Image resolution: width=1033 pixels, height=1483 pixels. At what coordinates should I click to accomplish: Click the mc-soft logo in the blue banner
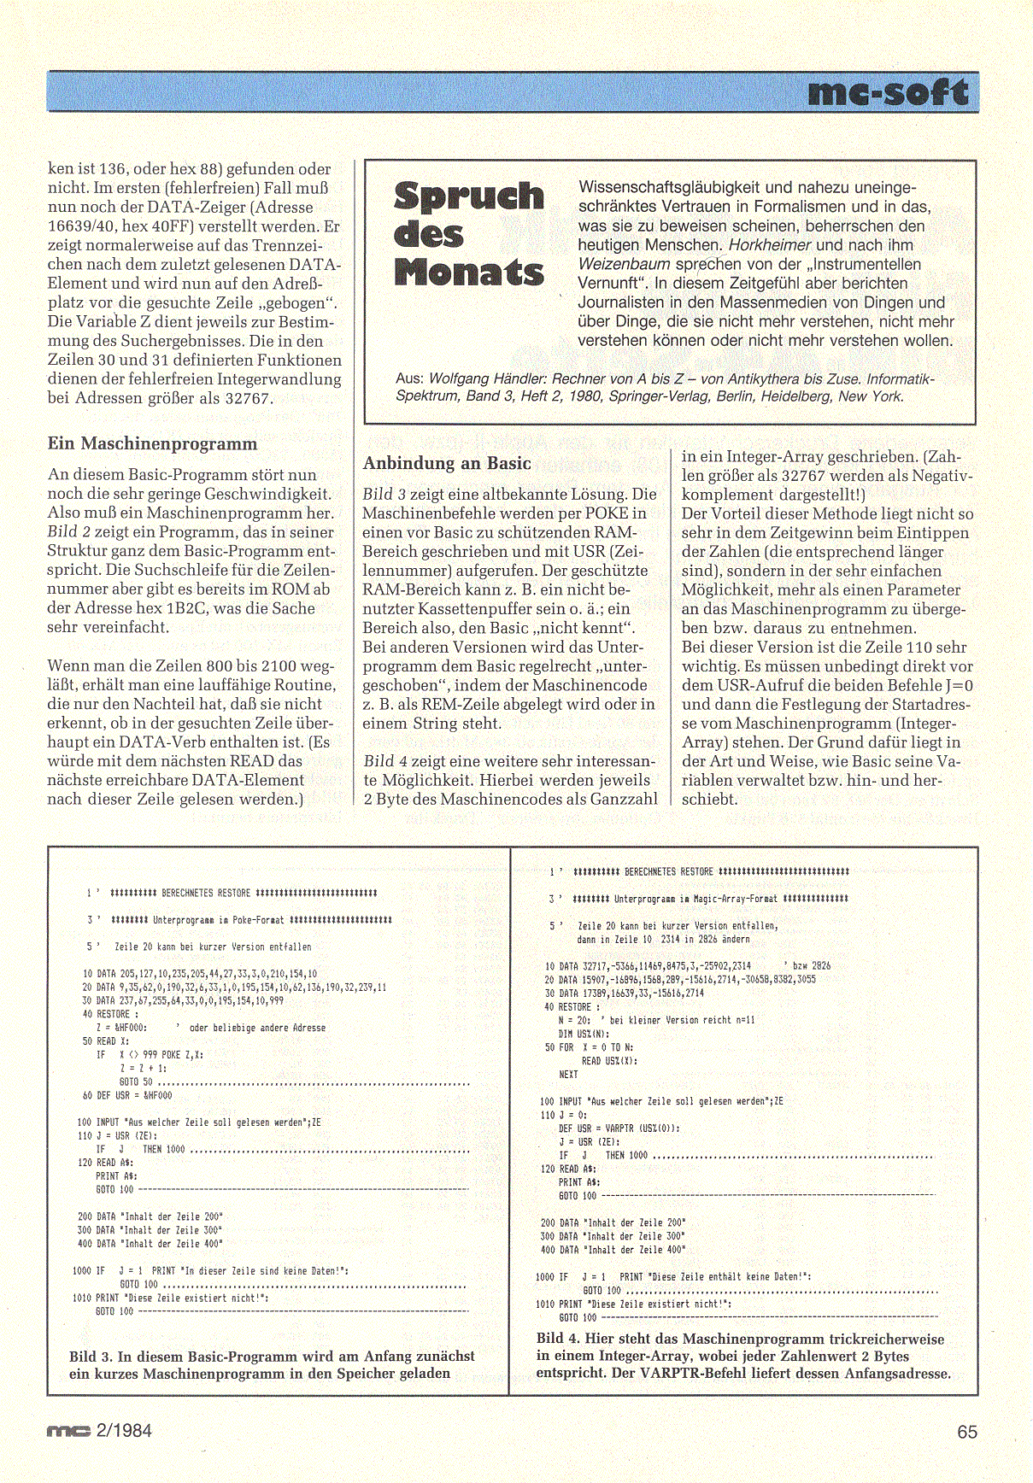[x=888, y=92]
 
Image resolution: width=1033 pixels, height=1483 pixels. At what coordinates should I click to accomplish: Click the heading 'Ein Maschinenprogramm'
[x=152, y=443]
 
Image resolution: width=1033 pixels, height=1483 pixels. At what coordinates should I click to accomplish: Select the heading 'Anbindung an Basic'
[x=447, y=463]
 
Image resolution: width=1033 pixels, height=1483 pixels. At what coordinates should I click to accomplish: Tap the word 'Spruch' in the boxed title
[x=469, y=196]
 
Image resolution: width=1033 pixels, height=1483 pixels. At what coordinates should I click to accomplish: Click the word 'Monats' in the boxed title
[x=469, y=272]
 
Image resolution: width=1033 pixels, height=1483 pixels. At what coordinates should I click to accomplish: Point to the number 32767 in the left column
[x=248, y=398]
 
